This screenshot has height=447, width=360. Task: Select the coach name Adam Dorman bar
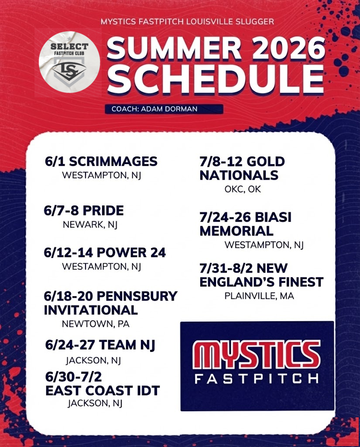pyautogui.click(x=164, y=109)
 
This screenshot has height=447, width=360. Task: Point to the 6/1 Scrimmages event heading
pyautogui.click(x=101, y=161)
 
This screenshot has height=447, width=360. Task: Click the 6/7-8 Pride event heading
pyautogui.click(x=84, y=211)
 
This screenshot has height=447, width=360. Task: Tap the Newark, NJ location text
pyautogui.click(x=90, y=225)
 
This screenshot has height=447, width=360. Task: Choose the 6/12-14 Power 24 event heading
pyautogui.click(x=105, y=253)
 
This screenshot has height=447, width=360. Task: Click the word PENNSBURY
pyautogui.click(x=137, y=296)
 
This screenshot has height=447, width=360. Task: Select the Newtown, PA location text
pyautogui.click(x=96, y=324)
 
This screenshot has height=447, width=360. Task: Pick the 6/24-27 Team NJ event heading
pyautogui.click(x=100, y=345)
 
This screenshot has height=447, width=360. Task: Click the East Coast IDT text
pyautogui.click(x=103, y=390)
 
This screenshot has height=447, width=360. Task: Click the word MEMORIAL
pyautogui.click(x=237, y=230)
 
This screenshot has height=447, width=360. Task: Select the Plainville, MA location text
pyautogui.click(x=259, y=296)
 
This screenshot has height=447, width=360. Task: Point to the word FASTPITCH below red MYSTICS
pyautogui.click(x=257, y=378)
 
